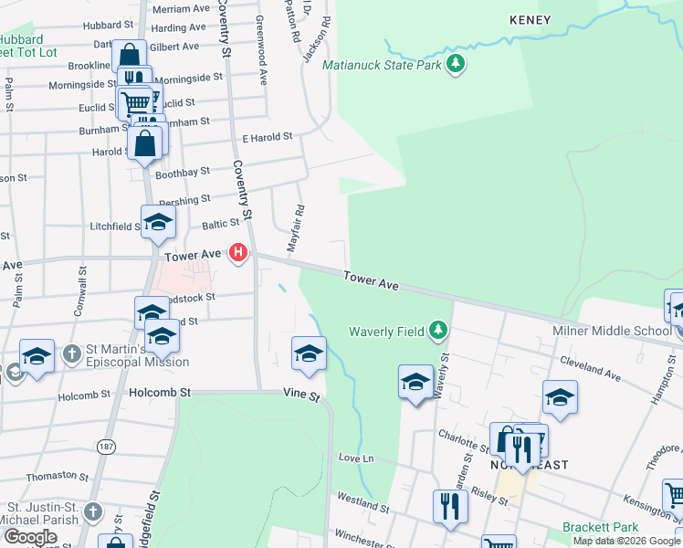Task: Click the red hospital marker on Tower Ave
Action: (x=238, y=252)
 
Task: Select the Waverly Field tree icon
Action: (x=439, y=330)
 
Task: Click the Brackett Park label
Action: (x=599, y=527)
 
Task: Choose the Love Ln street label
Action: (x=357, y=458)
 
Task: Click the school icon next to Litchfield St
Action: (x=158, y=222)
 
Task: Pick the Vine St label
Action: (x=300, y=397)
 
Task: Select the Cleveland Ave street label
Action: (x=591, y=371)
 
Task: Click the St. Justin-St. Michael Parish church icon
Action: (x=93, y=511)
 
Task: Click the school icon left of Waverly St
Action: (x=415, y=381)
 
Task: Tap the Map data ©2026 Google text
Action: (x=625, y=540)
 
